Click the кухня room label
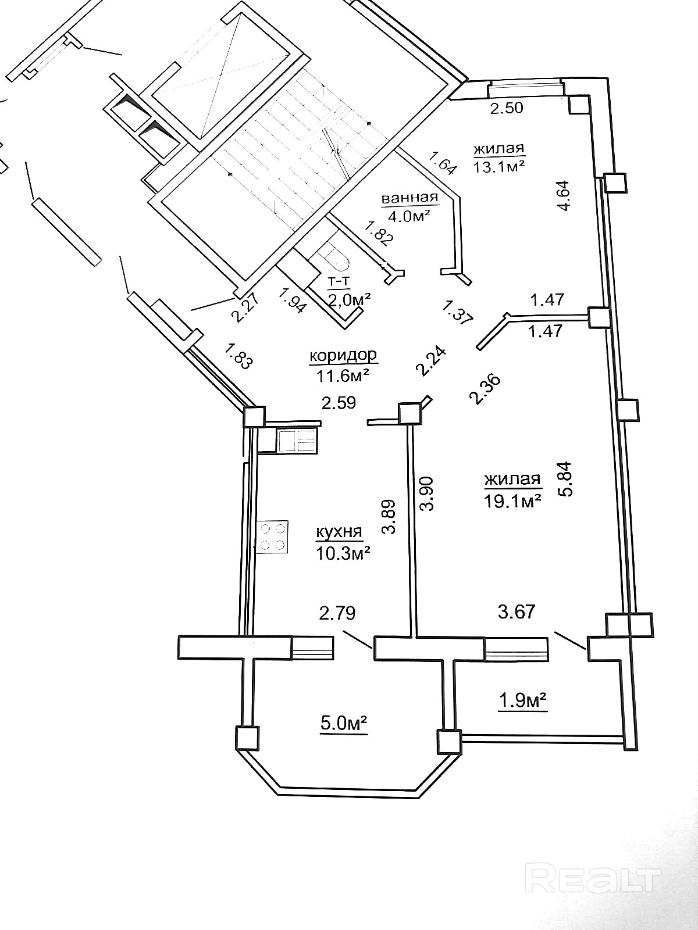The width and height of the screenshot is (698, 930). point(339,532)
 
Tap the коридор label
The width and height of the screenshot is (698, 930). point(343,356)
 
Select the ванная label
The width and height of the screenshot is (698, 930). point(409,198)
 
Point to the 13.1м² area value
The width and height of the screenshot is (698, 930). point(499,166)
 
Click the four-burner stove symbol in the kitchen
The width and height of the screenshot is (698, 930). point(272,537)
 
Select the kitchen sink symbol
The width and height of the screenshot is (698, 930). point(297,441)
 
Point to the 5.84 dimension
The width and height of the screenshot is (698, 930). point(566,478)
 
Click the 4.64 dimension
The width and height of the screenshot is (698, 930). point(565,196)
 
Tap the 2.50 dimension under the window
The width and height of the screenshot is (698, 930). point(507,108)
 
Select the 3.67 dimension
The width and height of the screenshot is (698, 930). point(517,612)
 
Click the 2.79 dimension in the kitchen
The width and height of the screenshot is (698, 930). point(337,613)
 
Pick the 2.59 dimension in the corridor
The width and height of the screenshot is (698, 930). point(339,402)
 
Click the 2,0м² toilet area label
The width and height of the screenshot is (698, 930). point(350,299)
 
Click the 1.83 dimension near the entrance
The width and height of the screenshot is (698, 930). point(238,356)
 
